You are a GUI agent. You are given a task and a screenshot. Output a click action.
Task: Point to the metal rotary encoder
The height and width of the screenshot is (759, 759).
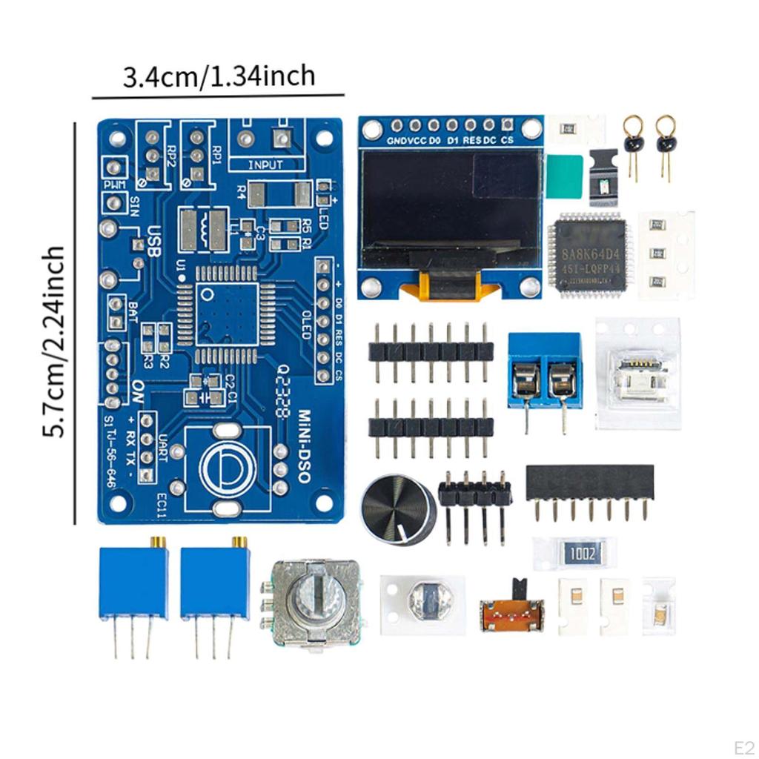tap(312, 603)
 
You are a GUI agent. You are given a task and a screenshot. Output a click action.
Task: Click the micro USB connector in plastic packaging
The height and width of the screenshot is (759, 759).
tap(637, 374)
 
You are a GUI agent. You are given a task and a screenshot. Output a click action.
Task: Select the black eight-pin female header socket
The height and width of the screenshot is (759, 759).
tap(590, 483)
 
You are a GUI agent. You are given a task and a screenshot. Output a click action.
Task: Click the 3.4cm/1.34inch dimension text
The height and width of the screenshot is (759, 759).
tap(219, 76)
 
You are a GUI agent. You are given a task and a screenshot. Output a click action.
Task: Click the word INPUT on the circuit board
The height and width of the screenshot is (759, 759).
tap(265, 165)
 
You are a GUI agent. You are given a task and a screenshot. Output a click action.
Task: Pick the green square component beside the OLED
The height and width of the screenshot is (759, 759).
tap(565, 176)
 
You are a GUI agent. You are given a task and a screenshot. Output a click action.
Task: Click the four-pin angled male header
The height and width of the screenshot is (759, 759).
tap(474, 493)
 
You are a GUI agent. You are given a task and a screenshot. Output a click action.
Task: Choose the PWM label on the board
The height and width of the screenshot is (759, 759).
tap(115, 183)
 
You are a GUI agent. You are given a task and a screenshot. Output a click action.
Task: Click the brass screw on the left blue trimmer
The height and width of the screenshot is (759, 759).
tap(157, 542)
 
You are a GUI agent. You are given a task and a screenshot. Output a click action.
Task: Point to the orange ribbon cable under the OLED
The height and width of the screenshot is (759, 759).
tap(449, 288)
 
